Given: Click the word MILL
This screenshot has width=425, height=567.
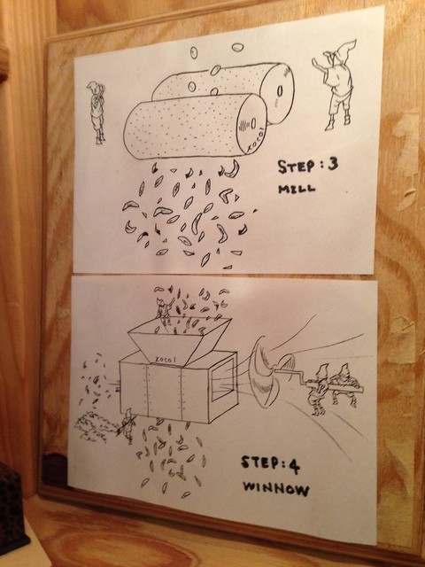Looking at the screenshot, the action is (297, 189).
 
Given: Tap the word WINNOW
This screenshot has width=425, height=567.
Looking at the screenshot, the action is (276, 489).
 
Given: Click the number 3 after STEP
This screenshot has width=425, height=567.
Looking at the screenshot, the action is (333, 164).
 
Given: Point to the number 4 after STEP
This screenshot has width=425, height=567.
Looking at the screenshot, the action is (294, 466).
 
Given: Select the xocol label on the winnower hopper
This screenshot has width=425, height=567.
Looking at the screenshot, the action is (166, 360).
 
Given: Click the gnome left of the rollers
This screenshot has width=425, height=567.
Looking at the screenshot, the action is (97, 113).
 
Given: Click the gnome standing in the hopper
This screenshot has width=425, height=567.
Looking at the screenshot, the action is (165, 311).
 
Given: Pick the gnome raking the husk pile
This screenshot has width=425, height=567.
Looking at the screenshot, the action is (127, 425).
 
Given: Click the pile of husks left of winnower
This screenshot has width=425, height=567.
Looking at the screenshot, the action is (92, 427).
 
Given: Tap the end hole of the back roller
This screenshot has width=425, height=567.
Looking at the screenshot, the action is (280, 92).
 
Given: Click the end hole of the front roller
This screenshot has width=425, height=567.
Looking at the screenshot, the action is (254, 123).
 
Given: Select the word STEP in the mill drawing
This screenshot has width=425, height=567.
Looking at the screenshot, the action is (296, 166).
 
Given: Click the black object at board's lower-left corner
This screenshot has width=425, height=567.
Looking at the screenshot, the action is (55, 470).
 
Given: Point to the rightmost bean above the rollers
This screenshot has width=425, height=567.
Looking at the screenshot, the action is (237, 47).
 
